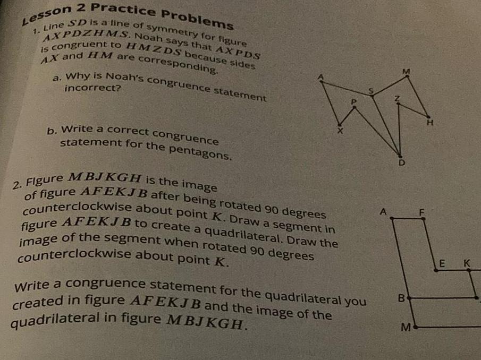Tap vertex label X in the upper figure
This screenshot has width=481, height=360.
click(x=342, y=131)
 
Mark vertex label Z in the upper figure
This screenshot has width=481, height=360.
click(x=396, y=98)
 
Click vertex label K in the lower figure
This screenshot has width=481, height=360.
click(x=467, y=263)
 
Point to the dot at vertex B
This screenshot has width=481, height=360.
click(x=408, y=299)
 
